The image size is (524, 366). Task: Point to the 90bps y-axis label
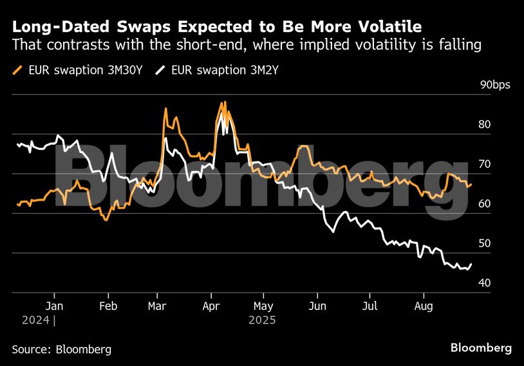point(494,85)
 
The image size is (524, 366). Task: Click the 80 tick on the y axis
point(484,125)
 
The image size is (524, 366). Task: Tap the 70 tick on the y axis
point(484,165)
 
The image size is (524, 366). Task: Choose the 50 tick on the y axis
point(484,244)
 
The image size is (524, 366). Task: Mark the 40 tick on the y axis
point(484,284)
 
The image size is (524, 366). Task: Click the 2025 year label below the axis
point(262,320)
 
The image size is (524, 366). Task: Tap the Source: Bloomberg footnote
point(62,349)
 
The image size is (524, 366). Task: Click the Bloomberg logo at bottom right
point(481,348)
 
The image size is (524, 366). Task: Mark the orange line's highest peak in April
point(223,102)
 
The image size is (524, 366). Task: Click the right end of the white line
point(471,264)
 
